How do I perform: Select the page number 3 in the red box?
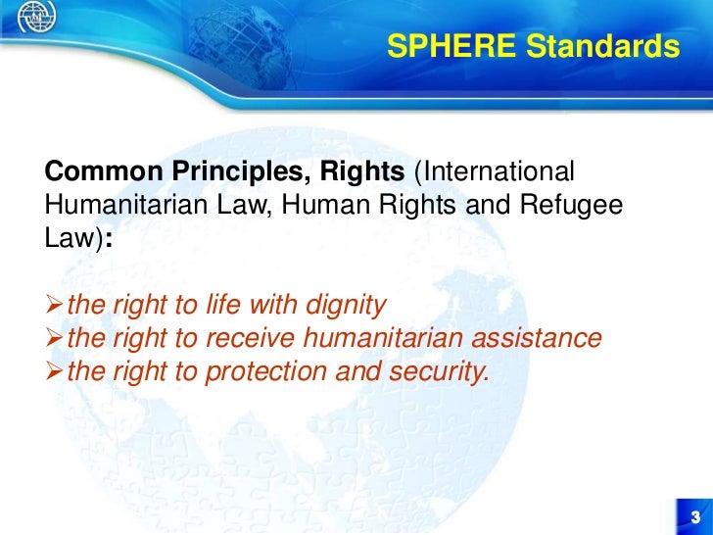pos(694,517)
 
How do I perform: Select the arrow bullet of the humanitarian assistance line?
pos(55,339)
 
